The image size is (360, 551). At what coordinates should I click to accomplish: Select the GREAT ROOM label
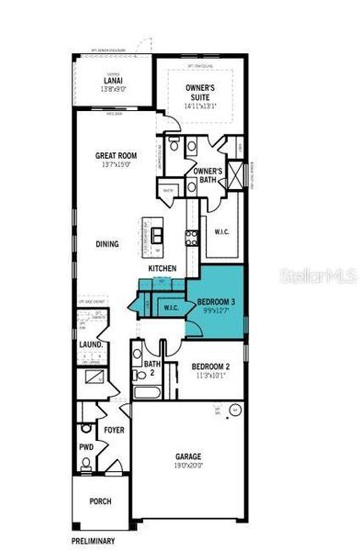(x=116, y=156)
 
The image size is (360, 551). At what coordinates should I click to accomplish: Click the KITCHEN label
(x=163, y=268)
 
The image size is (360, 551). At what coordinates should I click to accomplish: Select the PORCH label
(x=101, y=501)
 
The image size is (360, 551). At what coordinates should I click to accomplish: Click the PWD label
(x=86, y=447)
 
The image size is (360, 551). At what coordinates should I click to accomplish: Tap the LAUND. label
(x=90, y=345)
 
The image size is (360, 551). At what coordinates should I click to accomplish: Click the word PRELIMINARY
(x=95, y=541)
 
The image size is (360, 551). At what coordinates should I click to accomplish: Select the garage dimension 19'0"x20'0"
(x=188, y=466)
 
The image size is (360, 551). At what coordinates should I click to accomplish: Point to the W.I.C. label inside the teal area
(x=172, y=307)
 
